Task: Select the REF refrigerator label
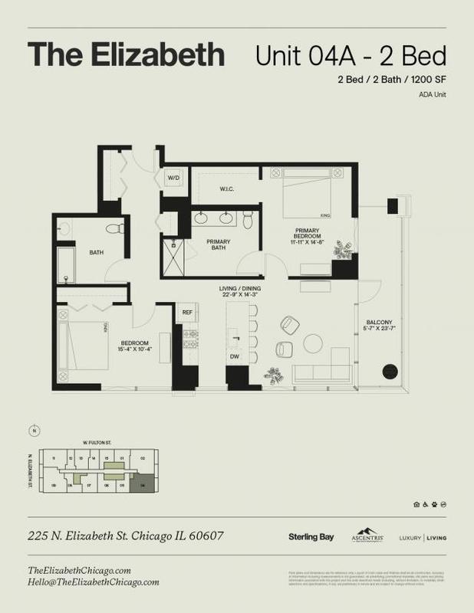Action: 186,312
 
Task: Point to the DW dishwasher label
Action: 235,356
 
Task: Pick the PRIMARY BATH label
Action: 219,244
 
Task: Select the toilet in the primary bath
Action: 248,220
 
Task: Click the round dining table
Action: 314,344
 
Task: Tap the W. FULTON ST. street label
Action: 97,441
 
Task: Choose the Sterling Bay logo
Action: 311,537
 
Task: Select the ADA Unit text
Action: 432,94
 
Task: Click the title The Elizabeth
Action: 127,54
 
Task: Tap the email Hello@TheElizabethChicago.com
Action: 93,582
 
